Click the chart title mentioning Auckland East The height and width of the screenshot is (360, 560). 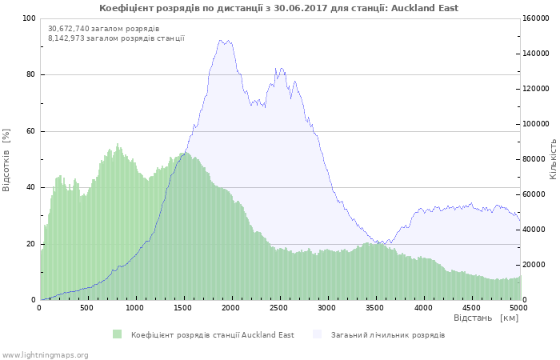tap(279, 8)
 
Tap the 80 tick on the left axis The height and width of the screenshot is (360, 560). tap(30, 75)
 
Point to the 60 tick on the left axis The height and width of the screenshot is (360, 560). tap(30, 131)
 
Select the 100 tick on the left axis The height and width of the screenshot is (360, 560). tap(29, 18)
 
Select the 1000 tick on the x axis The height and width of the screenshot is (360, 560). tap(135, 308)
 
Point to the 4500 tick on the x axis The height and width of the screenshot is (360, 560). tap(471, 308)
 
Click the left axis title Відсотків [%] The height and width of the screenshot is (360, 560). tap(7, 159)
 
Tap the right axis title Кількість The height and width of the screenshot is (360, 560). tap(553, 158)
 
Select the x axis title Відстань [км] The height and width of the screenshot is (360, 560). tap(486, 318)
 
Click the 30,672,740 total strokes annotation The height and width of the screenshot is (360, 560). tap(103, 28)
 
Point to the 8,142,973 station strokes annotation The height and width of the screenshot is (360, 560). tap(116, 38)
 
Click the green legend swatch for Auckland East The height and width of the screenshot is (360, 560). tap(117, 334)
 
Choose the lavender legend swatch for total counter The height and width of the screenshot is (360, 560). tap(317, 334)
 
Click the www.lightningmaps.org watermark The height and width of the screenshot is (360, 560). tap(45, 354)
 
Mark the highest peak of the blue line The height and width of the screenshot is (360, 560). tap(228, 40)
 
